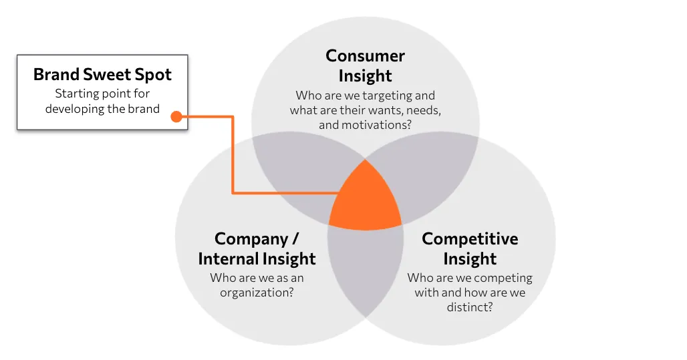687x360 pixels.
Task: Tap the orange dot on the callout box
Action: (176, 116)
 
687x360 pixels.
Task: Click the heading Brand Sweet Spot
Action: (102, 74)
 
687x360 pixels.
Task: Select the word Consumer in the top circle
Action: (365, 55)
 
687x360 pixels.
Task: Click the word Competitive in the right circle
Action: (470, 238)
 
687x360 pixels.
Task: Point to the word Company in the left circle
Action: (251, 239)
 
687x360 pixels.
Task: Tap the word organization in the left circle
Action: (257, 292)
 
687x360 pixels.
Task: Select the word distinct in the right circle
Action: (470, 307)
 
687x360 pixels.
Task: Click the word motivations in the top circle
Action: (376, 125)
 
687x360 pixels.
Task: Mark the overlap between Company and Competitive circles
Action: (366, 268)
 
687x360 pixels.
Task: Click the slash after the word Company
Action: (295, 239)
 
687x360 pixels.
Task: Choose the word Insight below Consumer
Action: (365, 75)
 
